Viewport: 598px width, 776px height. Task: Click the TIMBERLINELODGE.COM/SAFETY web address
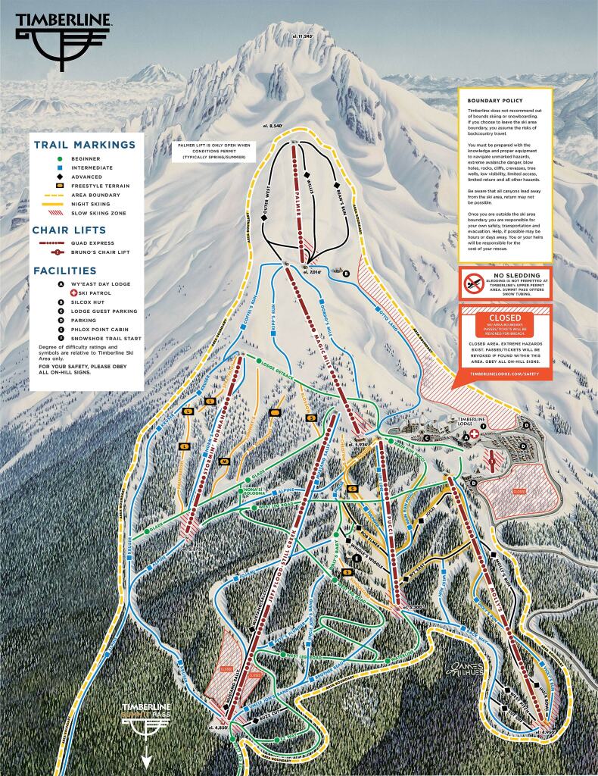pyautogui.click(x=504, y=374)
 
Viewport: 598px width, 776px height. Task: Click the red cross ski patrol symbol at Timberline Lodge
pyautogui.click(x=475, y=433)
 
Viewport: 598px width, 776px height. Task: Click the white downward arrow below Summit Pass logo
pyautogui.click(x=147, y=759)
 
